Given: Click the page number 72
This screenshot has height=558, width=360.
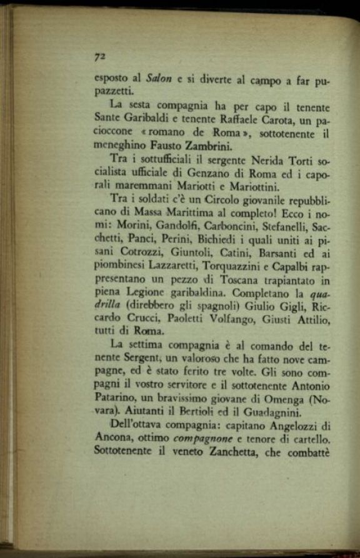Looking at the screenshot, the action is (x=99, y=56).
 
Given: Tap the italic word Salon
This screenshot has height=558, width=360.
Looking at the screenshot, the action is (x=159, y=79).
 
